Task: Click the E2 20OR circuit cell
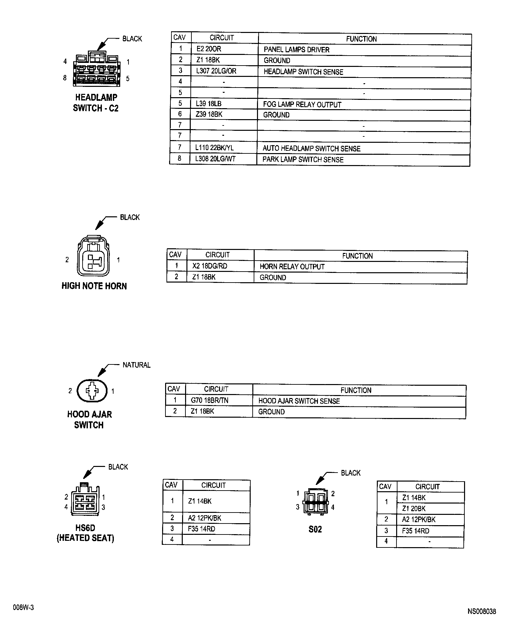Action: click(x=209, y=49)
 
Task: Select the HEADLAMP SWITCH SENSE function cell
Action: click(x=303, y=72)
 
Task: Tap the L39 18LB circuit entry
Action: click(x=208, y=104)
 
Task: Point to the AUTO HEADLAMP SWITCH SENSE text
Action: click(x=311, y=148)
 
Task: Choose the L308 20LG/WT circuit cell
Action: click(x=215, y=159)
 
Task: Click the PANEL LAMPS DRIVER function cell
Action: click(x=296, y=50)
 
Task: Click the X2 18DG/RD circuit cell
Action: click(x=210, y=266)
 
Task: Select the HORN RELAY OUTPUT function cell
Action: click(x=292, y=267)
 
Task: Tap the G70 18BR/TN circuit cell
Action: click(x=209, y=400)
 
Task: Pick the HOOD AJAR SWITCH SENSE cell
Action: click(x=299, y=401)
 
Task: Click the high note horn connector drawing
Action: click(x=93, y=256)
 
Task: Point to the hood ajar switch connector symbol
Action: click(x=92, y=391)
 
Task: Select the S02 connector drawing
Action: click(x=315, y=502)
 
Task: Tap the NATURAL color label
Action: click(x=136, y=365)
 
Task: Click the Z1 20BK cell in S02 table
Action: click(x=414, y=508)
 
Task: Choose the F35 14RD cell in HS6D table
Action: click(x=202, y=529)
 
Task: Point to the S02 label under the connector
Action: click(x=315, y=529)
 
